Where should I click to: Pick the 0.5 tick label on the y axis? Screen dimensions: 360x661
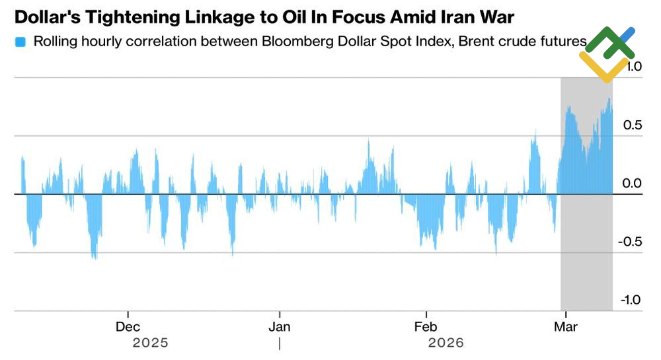click(x=632, y=125)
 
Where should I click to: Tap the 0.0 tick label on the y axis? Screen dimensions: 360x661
click(x=632, y=183)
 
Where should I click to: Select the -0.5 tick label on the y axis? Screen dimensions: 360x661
click(x=630, y=241)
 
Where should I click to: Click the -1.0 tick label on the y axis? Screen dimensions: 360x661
click(x=630, y=299)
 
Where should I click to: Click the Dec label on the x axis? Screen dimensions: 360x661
click(x=128, y=327)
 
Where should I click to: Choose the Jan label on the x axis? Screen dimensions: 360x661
click(x=280, y=327)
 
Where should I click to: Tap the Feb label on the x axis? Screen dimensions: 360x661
click(x=426, y=327)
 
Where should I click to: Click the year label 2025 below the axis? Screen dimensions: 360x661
click(x=151, y=343)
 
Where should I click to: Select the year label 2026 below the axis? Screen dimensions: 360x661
click(x=446, y=343)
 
